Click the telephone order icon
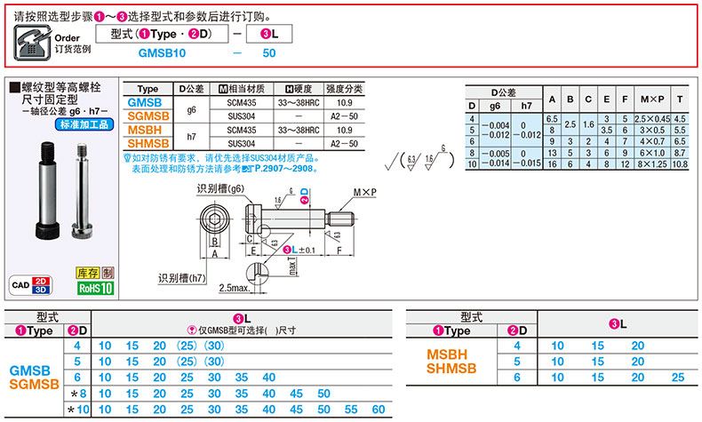coord(28,40)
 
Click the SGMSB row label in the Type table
coord(148,116)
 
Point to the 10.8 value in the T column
coord(681,165)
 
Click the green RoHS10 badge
coord(95,288)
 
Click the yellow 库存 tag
coord(87,274)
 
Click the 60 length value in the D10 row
coord(379,410)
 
